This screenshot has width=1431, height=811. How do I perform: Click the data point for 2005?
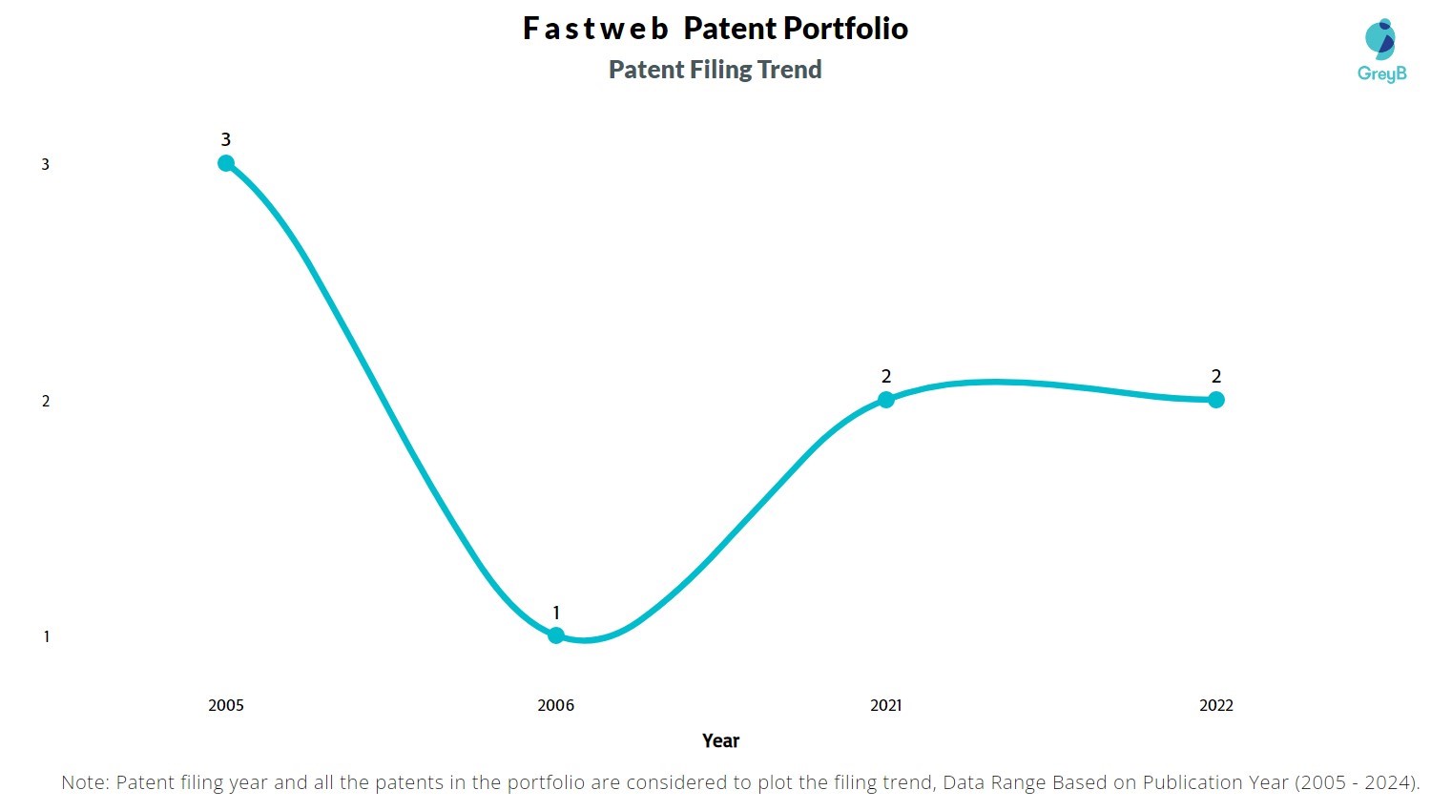226,163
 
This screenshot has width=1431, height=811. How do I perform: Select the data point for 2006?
556,635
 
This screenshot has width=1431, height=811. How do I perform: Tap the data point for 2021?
886,400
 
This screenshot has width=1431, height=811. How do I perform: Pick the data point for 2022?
1216,400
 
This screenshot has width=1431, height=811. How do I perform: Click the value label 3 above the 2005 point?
226,139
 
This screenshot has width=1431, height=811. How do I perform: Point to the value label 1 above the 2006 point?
556,613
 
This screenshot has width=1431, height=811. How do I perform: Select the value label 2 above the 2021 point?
886,376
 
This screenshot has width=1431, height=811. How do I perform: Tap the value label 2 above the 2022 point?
1216,376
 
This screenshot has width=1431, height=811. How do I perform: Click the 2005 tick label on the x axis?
226,706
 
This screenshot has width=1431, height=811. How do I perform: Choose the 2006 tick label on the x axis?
556,706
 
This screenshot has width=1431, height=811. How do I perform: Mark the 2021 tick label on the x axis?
886,706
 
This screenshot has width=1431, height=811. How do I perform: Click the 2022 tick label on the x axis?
1216,706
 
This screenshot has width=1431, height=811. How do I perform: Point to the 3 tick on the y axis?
46,165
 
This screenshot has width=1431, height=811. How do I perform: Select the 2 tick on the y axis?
46,401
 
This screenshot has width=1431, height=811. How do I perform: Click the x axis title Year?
720,741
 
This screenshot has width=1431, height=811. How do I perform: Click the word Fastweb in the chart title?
595,29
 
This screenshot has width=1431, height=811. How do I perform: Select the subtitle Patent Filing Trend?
715,70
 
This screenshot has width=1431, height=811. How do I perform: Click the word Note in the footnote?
84,782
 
